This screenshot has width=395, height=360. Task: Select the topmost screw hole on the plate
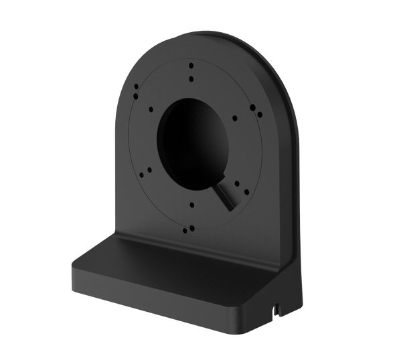click(191, 66)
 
